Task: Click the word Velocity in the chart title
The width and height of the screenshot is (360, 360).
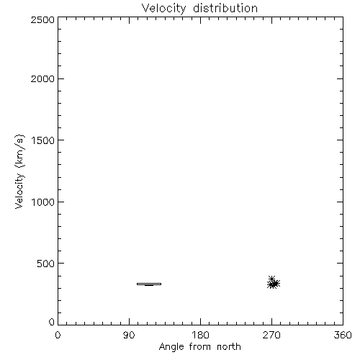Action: pos(163,9)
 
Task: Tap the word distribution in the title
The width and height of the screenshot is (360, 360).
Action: pos(225,8)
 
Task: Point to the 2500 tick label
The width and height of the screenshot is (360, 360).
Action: pos(42,19)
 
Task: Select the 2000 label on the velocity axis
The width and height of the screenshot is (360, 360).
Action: pos(42,78)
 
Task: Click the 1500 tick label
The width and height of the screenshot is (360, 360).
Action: pos(43,140)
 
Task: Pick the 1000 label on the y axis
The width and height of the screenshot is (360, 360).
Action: pos(43,202)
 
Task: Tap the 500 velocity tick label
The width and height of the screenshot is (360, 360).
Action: pos(46,264)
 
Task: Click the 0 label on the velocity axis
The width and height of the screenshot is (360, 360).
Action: pos(52,322)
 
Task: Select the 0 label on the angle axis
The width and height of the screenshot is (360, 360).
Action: pos(58,335)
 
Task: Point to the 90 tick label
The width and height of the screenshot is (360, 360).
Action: pos(129,335)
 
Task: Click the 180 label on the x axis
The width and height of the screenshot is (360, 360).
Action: pos(200,335)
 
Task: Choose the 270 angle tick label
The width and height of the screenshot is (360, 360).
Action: pos(271,335)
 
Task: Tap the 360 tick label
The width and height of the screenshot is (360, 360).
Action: pos(343,335)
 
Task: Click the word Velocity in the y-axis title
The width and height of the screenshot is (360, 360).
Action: pos(19,191)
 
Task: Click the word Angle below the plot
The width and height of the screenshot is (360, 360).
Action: pos(171,347)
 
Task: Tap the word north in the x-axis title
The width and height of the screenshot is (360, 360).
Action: pos(229,347)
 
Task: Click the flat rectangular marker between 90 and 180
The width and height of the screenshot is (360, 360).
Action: pos(149,284)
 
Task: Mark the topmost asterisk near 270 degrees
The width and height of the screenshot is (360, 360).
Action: pos(271,279)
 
